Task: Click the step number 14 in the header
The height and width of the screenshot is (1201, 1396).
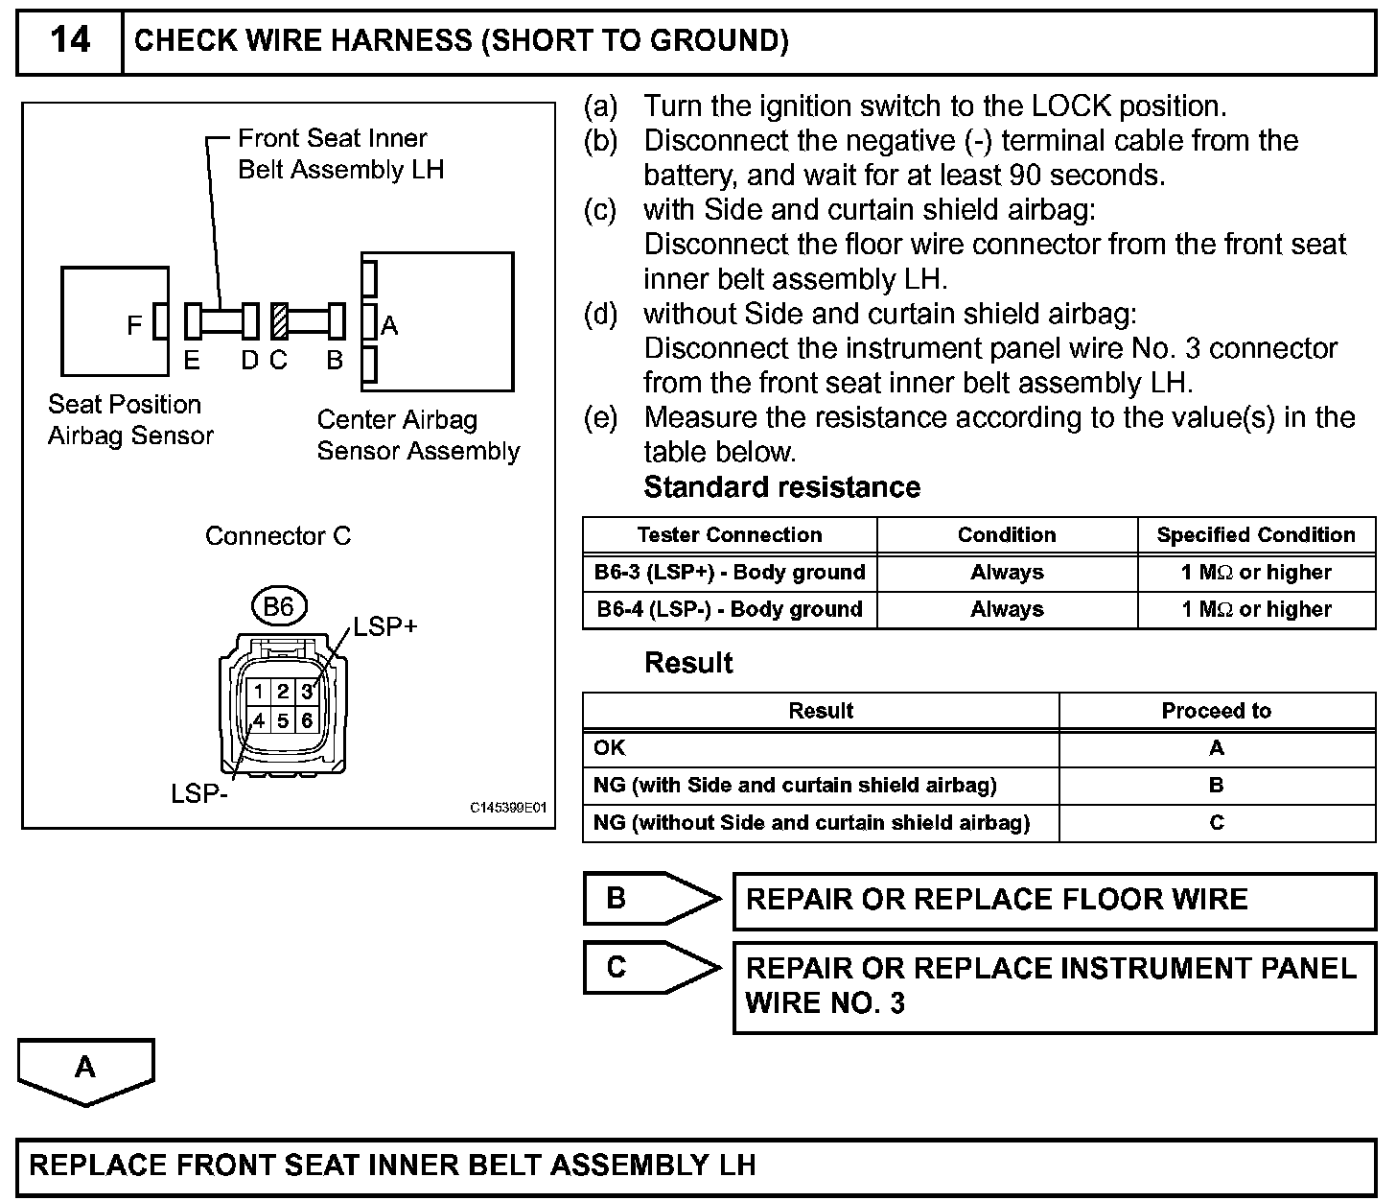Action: [x=70, y=40]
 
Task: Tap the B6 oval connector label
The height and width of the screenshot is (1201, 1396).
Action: [x=278, y=606]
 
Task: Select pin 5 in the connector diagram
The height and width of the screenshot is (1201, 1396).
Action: [x=283, y=720]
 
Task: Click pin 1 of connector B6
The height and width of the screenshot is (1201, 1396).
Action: [x=259, y=692]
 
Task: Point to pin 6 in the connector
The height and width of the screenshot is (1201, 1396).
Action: [x=307, y=720]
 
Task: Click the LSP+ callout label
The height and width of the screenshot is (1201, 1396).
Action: [x=385, y=627]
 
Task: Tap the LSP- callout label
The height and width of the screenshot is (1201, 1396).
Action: [x=199, y=795]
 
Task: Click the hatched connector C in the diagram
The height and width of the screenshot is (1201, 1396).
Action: [x=279, y=321]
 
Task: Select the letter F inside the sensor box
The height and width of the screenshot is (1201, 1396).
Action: [x=134, y=326]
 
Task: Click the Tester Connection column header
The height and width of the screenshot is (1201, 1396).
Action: [x=730, y=535]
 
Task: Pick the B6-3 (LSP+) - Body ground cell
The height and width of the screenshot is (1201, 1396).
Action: [x=730, y=573]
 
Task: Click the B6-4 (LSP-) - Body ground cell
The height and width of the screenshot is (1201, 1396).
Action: [x=730, y=609]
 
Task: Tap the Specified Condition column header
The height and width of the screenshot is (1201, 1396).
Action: [x=1256, y=535]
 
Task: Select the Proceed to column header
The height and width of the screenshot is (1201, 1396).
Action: [x=1216, y=711]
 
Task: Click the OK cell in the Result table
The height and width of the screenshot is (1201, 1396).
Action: [x=610, y=747]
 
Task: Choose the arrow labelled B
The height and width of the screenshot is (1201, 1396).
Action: [x=652, y=899]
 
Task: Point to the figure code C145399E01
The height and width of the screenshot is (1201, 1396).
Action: [x=508, y=809]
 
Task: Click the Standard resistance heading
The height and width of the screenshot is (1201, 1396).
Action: [x=781, y=487]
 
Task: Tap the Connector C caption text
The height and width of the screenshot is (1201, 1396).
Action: [x=278, y=535]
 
